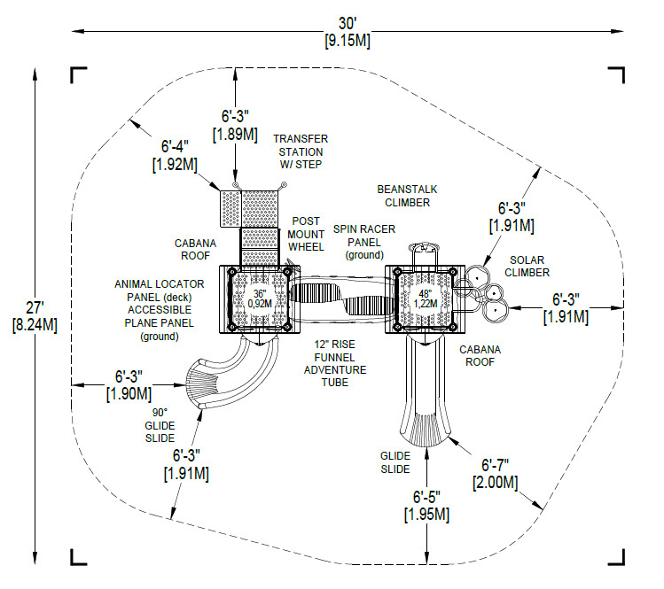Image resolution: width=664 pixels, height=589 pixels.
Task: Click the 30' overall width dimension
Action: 348,32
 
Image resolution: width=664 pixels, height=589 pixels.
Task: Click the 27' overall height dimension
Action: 35,316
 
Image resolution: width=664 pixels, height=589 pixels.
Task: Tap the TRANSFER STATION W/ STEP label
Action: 301,151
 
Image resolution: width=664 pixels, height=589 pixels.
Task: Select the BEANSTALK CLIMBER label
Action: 407,196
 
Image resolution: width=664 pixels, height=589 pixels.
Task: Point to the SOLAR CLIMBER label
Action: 527,266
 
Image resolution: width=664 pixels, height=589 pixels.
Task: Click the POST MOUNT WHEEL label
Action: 306,234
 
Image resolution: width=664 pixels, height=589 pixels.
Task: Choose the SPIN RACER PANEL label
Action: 364,242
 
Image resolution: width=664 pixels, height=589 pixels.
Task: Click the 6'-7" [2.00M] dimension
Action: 495,475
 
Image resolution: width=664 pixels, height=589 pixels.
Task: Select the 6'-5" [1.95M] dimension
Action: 426,506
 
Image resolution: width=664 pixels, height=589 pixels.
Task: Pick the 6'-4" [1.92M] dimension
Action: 175,156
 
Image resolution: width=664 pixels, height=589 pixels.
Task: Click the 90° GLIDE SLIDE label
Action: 160,425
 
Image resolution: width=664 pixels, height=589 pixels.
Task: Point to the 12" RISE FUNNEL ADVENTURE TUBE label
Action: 335,363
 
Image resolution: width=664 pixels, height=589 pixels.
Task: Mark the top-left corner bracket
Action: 78,75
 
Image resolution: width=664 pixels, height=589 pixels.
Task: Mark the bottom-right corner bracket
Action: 616,557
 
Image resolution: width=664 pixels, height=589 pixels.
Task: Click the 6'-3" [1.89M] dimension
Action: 235,125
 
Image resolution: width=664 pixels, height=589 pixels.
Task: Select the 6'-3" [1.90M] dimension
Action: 129,385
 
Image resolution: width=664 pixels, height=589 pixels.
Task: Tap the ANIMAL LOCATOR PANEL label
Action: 160,291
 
